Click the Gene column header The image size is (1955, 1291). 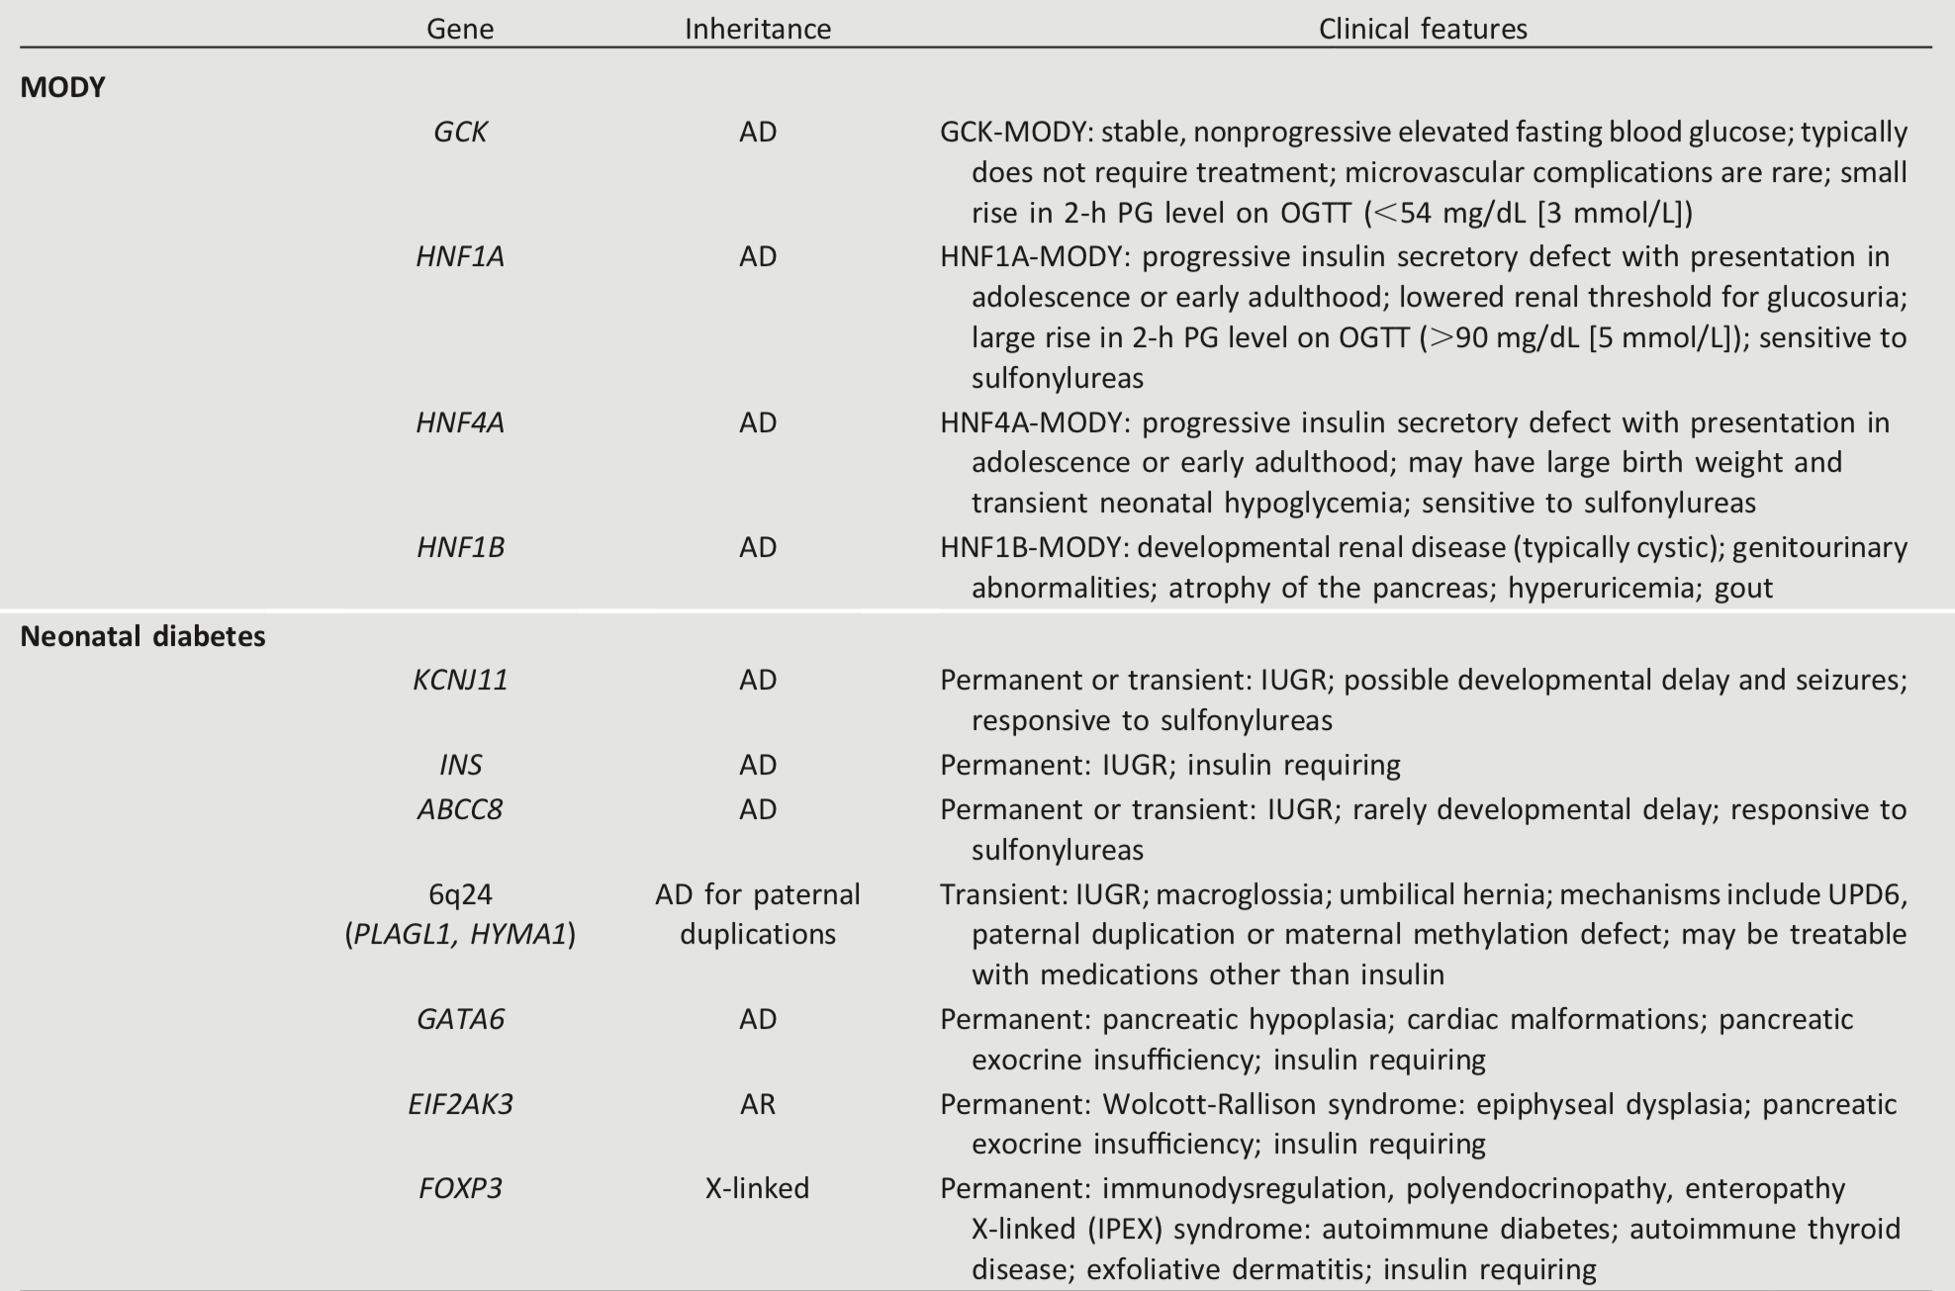[x=460, y=29]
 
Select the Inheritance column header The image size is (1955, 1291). [x=758, y=29]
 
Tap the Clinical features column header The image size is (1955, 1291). [x=1423, y=29]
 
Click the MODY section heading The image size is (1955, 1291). [x=62, y=87]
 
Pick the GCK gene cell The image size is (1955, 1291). [x=460, y=132]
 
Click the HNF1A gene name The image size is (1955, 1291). [x=460, y=256]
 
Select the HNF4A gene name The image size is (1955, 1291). [x=460, y=422]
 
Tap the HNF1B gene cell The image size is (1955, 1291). [x=460, y=547]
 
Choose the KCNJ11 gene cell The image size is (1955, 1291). [x=460, y=680]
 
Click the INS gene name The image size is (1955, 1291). [x=460, y=765]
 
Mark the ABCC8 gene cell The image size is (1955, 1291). [x=460, y=809]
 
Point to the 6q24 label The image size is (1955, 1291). [x=460, y=894]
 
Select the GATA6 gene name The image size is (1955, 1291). [x=460, y=1019]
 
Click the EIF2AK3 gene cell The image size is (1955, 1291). [x=460, y=1103]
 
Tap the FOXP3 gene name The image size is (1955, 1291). [x=460, y=1187]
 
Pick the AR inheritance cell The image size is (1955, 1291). [x=758, y=1103]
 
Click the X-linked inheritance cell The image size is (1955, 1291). [x=758, y=1187]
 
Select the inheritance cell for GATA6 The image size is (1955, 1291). [x=758, y=1019]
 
